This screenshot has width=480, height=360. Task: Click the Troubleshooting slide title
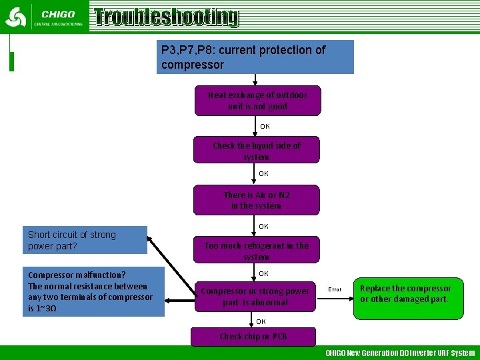tap(166, 17)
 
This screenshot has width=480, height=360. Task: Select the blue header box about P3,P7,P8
tap(255, 57)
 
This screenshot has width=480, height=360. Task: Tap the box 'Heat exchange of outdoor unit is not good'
tap(257, 101)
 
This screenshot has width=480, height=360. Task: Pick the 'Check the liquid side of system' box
tap(257, 150)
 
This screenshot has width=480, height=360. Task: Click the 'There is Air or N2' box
tap(257, 200)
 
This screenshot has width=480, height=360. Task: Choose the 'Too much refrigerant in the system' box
tap(257, 251)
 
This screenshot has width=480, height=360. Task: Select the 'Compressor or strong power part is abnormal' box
tap(255, 297)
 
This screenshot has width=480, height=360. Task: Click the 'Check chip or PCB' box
tap(253, 337)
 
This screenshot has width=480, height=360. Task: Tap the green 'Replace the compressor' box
tap(407, 294)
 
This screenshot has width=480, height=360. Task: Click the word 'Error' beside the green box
tap(335, 289)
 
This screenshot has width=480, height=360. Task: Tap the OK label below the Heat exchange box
tap(265, 126)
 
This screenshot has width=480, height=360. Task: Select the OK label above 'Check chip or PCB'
tap(261, 321)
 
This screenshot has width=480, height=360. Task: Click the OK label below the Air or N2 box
tap(263, 227)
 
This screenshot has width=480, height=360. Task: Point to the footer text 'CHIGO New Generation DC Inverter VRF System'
tap(400, 353)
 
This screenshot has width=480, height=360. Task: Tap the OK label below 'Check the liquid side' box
tap(263, 173)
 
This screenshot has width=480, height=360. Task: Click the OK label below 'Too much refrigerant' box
tap(263, 274)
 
